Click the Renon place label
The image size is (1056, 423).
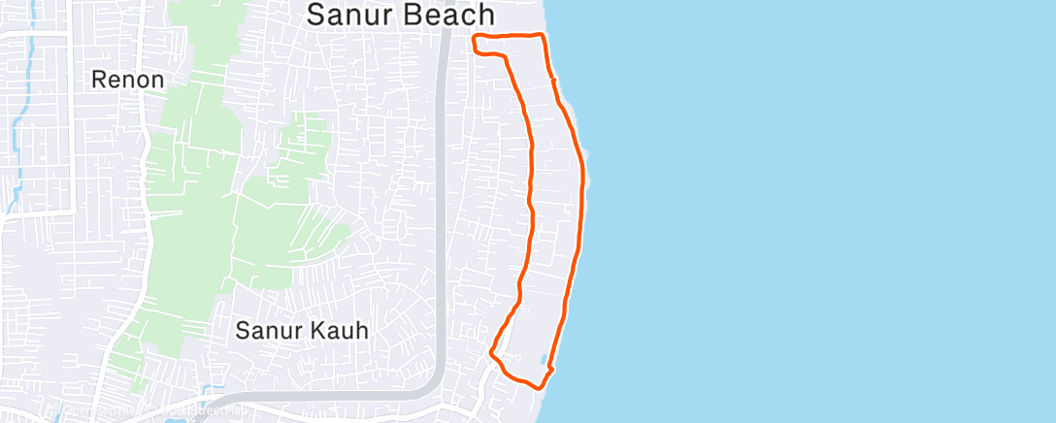coord(127,80)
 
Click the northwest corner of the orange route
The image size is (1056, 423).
coord(475,40)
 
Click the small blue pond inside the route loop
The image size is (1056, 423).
coord(540,359)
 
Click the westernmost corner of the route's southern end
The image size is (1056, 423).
coord(491,353)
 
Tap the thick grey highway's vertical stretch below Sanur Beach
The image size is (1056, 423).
coord(443,194)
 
